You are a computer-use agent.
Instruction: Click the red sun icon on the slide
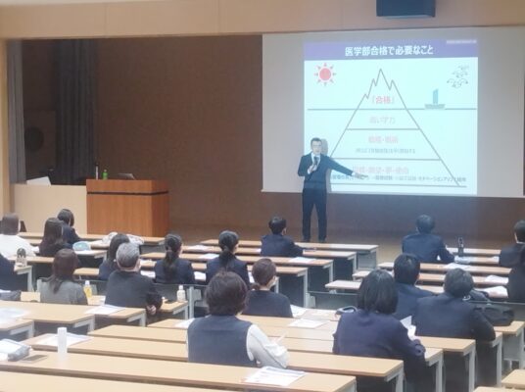324,73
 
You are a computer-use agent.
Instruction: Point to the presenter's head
315,145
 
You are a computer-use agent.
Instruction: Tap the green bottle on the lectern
105,173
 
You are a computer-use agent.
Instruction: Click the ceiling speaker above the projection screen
406,8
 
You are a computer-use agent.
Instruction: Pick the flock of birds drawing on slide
456,74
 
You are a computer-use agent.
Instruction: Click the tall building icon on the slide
433,97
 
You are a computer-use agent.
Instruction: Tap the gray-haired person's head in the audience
128,256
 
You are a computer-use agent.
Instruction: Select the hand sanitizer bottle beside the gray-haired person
181,293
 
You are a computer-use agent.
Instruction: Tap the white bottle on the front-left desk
62,339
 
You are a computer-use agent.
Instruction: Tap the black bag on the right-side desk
497,314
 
